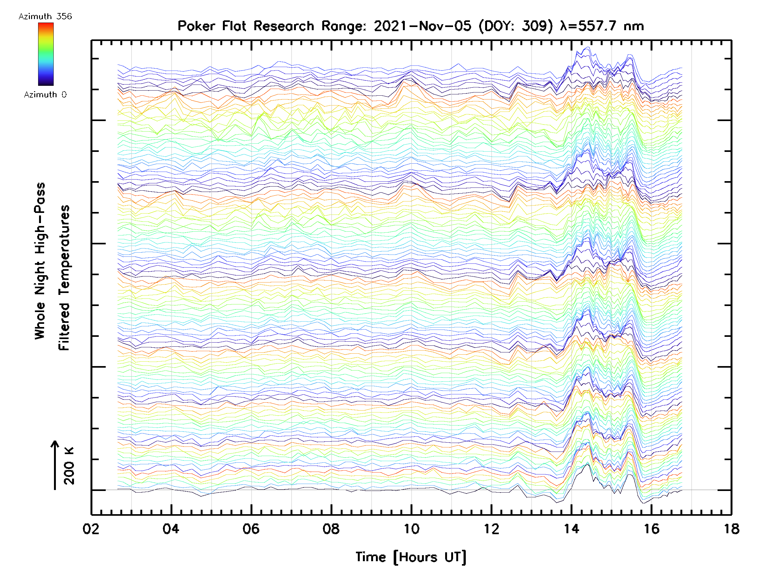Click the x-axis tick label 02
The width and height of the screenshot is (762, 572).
pyautogui.click(x=91, y=529)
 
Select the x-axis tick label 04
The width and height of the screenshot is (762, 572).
pyautogui.click(x=171, y=529)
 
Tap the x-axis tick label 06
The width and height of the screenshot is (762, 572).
pyautogui.click(x=251, y=529)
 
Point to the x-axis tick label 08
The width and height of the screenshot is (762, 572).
pyautogui.click(x=331, y=529)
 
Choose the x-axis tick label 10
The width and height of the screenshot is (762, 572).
pyautogui.click(x=411, y=529)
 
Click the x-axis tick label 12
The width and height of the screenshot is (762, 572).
pyautogui.click(x=491, y=529)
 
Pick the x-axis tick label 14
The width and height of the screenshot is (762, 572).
pyautogui.click(x=571, y=529)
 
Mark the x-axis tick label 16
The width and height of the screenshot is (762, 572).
pyautogui.click(x=652, y=529)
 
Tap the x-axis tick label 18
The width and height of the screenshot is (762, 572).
pyautogui.click(x=731, y=529)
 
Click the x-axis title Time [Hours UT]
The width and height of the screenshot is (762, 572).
pyautogui.click(x=411, y=557)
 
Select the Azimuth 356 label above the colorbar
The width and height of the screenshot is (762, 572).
pyautogui.click(x=45, y=17)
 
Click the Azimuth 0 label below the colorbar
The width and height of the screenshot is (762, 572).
pyautogui.click(x=45, y=94)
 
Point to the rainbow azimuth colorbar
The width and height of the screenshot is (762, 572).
pyautogui.click(x=46, y=54)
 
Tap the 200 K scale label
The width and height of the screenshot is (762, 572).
pyautogui.click(x=69, y=466)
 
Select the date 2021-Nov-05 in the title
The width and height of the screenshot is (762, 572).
pyautogui.click(x=423, y=26)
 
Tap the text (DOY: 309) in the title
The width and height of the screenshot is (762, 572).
pyautogui.click(x=516, y=26)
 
